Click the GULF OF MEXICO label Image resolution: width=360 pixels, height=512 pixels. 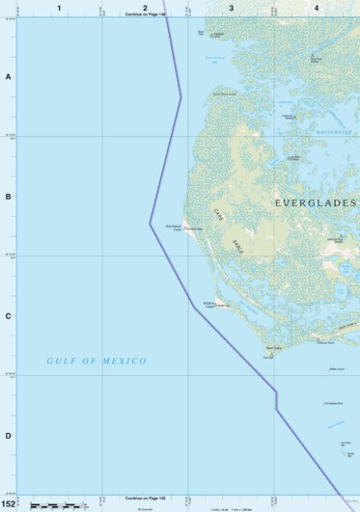click(x=97, y=361)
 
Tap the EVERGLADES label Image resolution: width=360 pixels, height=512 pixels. click(x=316, y=203)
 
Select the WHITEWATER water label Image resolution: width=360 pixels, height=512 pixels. click(x=334, y=134)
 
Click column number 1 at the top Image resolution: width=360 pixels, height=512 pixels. click(x=59, y=8)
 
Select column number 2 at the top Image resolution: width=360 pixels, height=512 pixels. click(x=145, y=8)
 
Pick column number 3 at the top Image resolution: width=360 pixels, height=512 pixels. click(x=231, y=8)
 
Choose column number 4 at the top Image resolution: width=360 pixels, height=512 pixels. click(x=317, y=8)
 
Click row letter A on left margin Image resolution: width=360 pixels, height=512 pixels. click(x=8, y=76)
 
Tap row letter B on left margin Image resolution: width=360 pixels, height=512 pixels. click(x=8, y=196)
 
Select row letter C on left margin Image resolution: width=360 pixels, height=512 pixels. click(x=8, y=315)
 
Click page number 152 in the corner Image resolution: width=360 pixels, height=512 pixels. click(x=9, y=503)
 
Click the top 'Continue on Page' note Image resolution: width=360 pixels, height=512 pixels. click(x=145, y=15)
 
